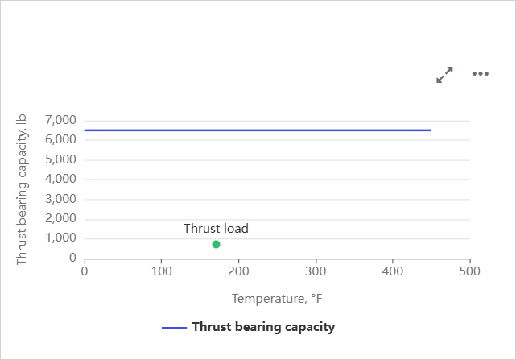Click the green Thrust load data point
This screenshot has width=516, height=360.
[x=216, y=244]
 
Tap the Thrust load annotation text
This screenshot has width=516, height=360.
[x=216, y=229]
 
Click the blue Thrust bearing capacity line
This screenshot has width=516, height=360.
[x=258, y=130]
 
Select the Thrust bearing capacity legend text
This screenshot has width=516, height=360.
[x=263, y=327]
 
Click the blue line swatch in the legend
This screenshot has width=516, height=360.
[x=174, y=328]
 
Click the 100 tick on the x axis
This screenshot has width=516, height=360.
[x=162, y=271]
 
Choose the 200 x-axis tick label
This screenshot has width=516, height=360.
[x=239, y=271]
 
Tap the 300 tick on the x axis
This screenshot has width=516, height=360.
[x=316, y=271]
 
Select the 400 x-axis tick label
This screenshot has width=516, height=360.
[x=393, y=271]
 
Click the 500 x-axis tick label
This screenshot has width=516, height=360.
[x=470, y=271]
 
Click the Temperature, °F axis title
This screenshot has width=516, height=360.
[x=277, y=299]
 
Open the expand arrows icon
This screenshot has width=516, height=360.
[x=444, y=74]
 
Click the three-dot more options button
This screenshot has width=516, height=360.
[x=481, y=74]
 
